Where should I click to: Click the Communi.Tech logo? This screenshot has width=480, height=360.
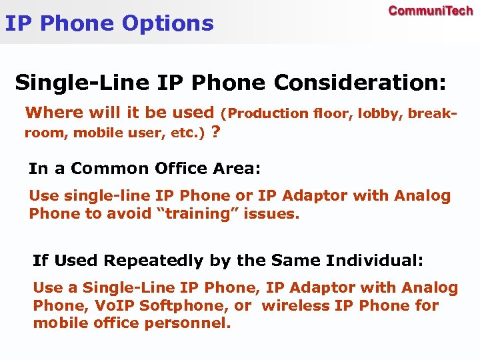pyautogui.click(x=431, y=11)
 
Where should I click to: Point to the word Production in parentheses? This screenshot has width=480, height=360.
pyautogui.click(x=268, y=113)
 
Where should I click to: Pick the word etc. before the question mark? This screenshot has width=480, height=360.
pyautogui.click(x=191, y=133)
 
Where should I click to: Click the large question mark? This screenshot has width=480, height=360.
pyautogui.click(x=215, y=132)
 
